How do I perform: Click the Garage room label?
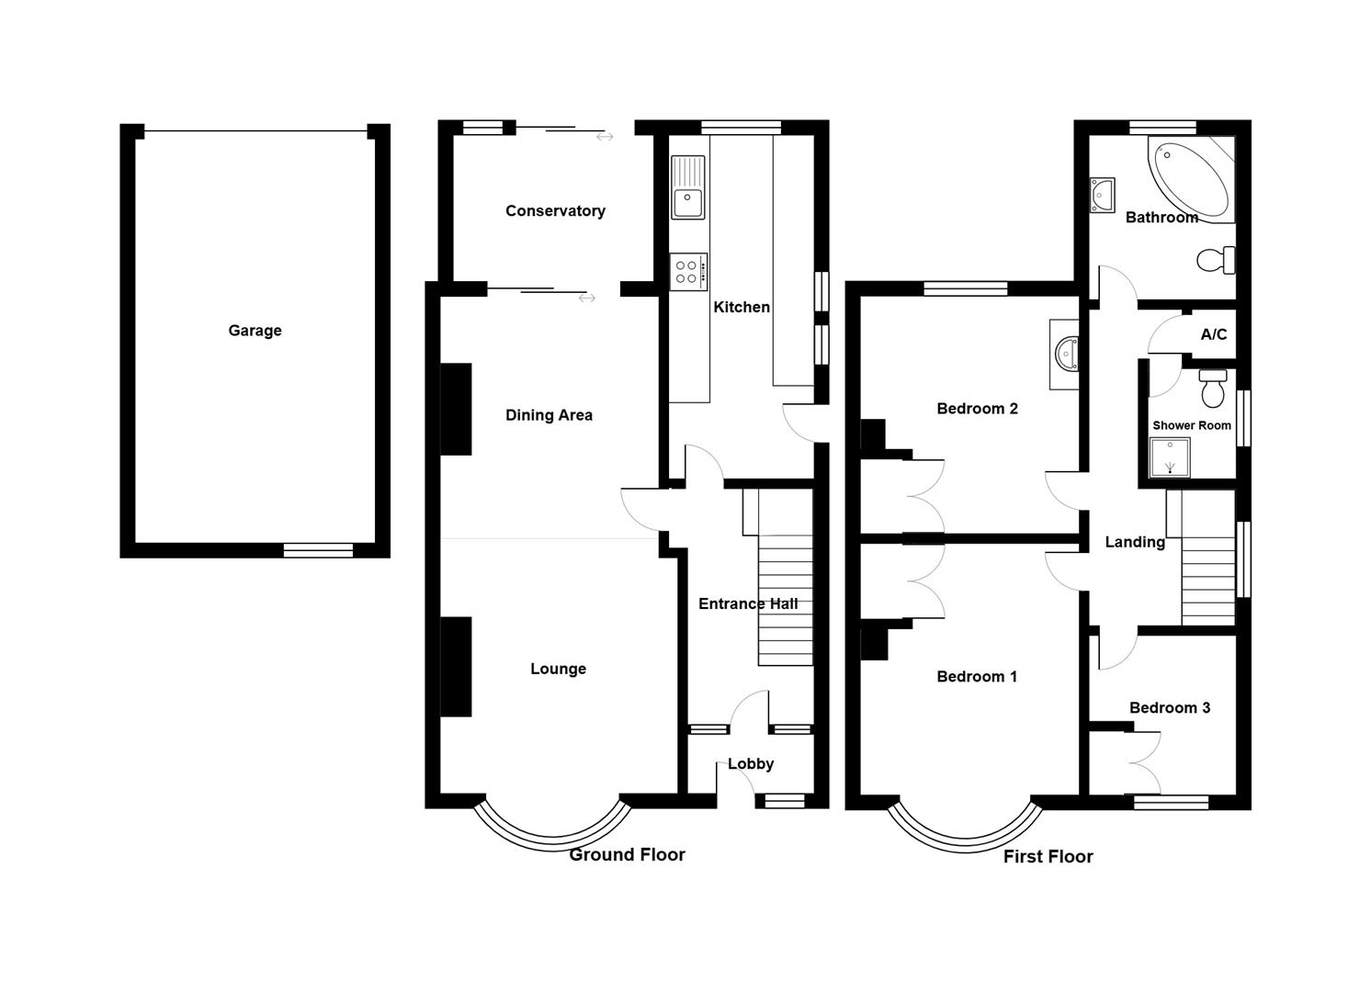pyautogui.click(x=255, y=331)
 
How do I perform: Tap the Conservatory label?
pyautogui.click(x=555, y=211)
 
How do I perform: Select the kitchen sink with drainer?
pyautogui.click(x=688, y=187)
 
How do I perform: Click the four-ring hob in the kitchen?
pyautogui.click(x=688, y=272)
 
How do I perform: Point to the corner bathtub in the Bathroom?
pyautogui.click(x=1191, y=179)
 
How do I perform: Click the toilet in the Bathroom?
pyautogui.click(x=1216, y=260)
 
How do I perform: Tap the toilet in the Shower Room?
pyautogui.click(x=1212, y=388)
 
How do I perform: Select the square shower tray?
pyautogui.click(x=1170, y=457)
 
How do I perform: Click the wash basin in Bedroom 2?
pyautogui.click(x=1066, y=355)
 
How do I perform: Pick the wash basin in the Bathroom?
pyautogui.click(x=1103, y=196)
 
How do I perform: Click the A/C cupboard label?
pyautogui.click(x=1214, y=334)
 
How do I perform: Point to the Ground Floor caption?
pyautogui.click(x=628, y=854)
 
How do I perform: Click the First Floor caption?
pyautogui.click(x=1048, y=856)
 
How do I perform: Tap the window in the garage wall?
pyautogui.click(x=318, y=550)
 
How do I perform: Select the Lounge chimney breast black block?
pyautogui.click(x=456, y=667)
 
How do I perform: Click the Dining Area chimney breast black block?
pyautogui.click(x=456, y=410)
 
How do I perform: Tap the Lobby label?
pyautogui.click(x=751, y=763)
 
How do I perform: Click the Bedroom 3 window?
pyautogui.click(x=1171, y=802)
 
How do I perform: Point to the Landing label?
pyautogui.click(x=1135, y=542)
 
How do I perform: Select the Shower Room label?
pyautogui.click(x=1192, y=425)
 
